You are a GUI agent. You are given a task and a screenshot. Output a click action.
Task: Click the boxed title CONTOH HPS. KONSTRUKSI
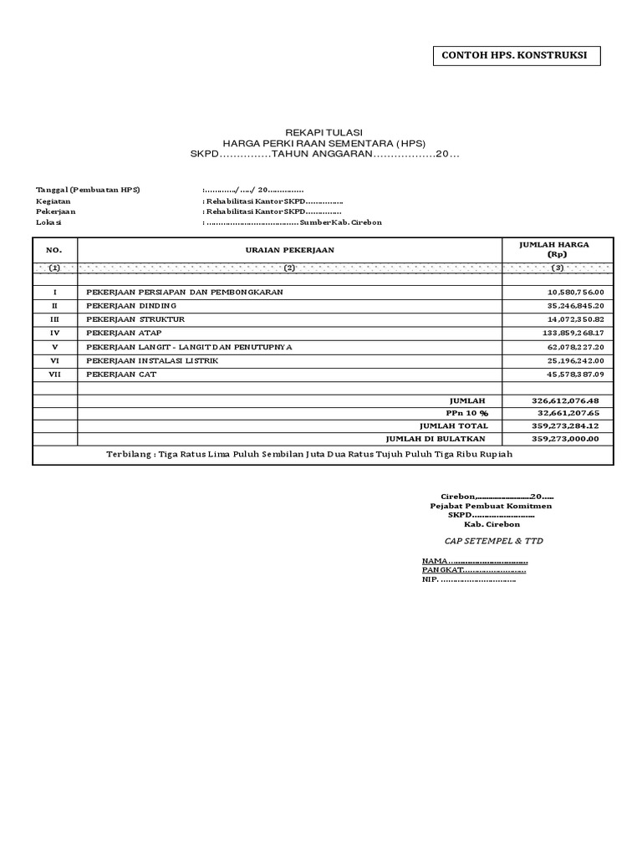tap(515, 56)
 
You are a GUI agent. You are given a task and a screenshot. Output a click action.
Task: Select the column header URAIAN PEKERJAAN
tap(289, 250)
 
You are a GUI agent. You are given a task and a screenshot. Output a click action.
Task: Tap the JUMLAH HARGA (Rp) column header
tap(555, 249)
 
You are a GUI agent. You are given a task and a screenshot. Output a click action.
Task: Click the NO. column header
tap(54, 250)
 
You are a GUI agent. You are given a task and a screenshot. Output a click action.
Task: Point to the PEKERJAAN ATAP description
tap(122, 333)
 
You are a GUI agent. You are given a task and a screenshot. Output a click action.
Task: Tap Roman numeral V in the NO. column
tap(54, 346)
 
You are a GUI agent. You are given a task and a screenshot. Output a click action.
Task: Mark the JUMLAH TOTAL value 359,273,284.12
tap(567, 425)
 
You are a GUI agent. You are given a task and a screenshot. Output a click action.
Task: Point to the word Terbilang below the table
tap(130, 454)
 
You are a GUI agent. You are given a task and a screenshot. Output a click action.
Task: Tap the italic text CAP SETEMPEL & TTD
tap(493, 541)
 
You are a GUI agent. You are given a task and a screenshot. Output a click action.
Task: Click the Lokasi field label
tap(48, 222)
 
